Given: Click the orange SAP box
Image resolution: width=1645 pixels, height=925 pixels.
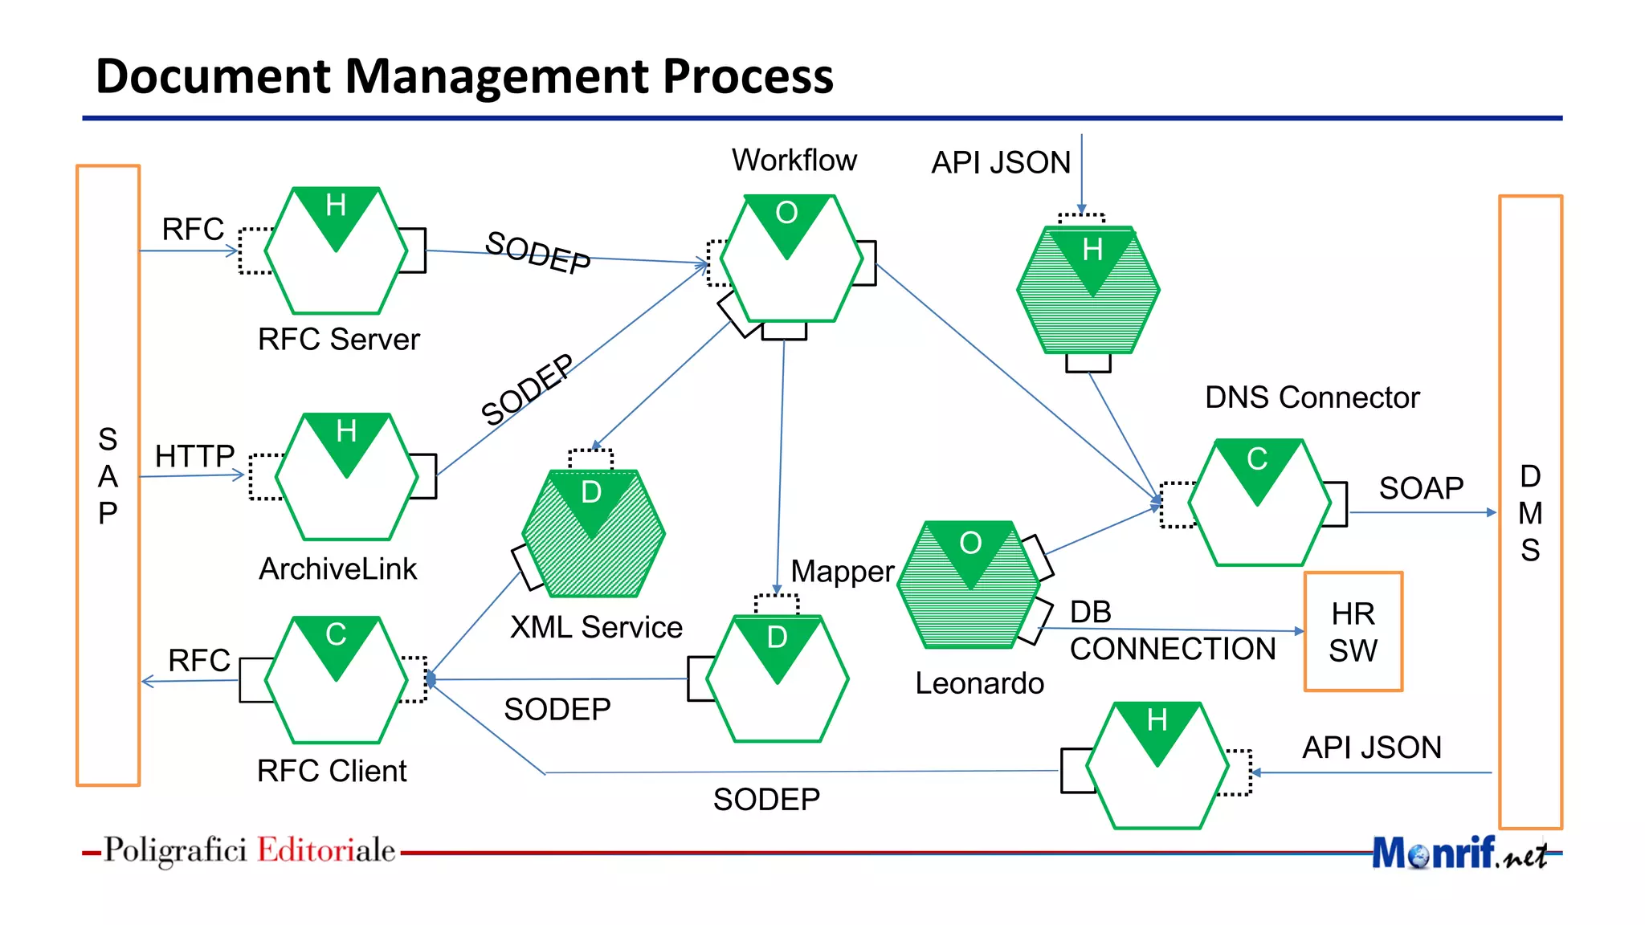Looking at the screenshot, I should point(108,475).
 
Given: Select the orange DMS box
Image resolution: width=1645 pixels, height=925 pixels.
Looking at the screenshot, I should point(1530,512).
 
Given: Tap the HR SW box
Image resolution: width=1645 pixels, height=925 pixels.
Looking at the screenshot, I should point(1353,632).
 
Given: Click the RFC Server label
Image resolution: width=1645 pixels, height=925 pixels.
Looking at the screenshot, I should point(338,340).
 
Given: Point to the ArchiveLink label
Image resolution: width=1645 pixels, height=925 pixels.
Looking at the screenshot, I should point(337,569).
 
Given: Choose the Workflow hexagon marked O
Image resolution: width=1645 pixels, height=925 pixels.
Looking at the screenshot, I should point(790,259).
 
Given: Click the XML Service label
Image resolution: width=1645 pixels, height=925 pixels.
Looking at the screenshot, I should point(596,627).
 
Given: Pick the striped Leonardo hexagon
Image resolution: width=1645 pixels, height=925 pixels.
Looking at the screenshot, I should point(969,585).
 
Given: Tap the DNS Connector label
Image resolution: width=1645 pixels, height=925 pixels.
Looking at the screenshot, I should point(1312,397).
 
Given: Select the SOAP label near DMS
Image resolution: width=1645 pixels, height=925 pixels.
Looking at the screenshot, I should point(1421,488).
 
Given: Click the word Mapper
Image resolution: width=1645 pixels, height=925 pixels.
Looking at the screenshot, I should point(842,572).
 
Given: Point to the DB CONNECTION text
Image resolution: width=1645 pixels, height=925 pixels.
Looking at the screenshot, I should point(1172,631).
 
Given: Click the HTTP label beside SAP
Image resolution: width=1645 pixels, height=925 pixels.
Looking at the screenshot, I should point(194,456).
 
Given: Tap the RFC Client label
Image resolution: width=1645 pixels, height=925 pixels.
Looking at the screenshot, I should point(332,771).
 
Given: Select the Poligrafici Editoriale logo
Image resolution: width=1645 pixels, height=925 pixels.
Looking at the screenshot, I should point(249,850).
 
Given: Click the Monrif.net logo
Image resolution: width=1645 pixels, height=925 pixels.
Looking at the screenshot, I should point(1459,853).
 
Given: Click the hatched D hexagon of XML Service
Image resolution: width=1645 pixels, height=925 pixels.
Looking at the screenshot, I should point(593,533).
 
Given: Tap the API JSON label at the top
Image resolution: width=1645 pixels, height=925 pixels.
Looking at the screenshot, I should point(1000,163).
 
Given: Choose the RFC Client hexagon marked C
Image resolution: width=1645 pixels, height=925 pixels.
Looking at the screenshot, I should point(336,679).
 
